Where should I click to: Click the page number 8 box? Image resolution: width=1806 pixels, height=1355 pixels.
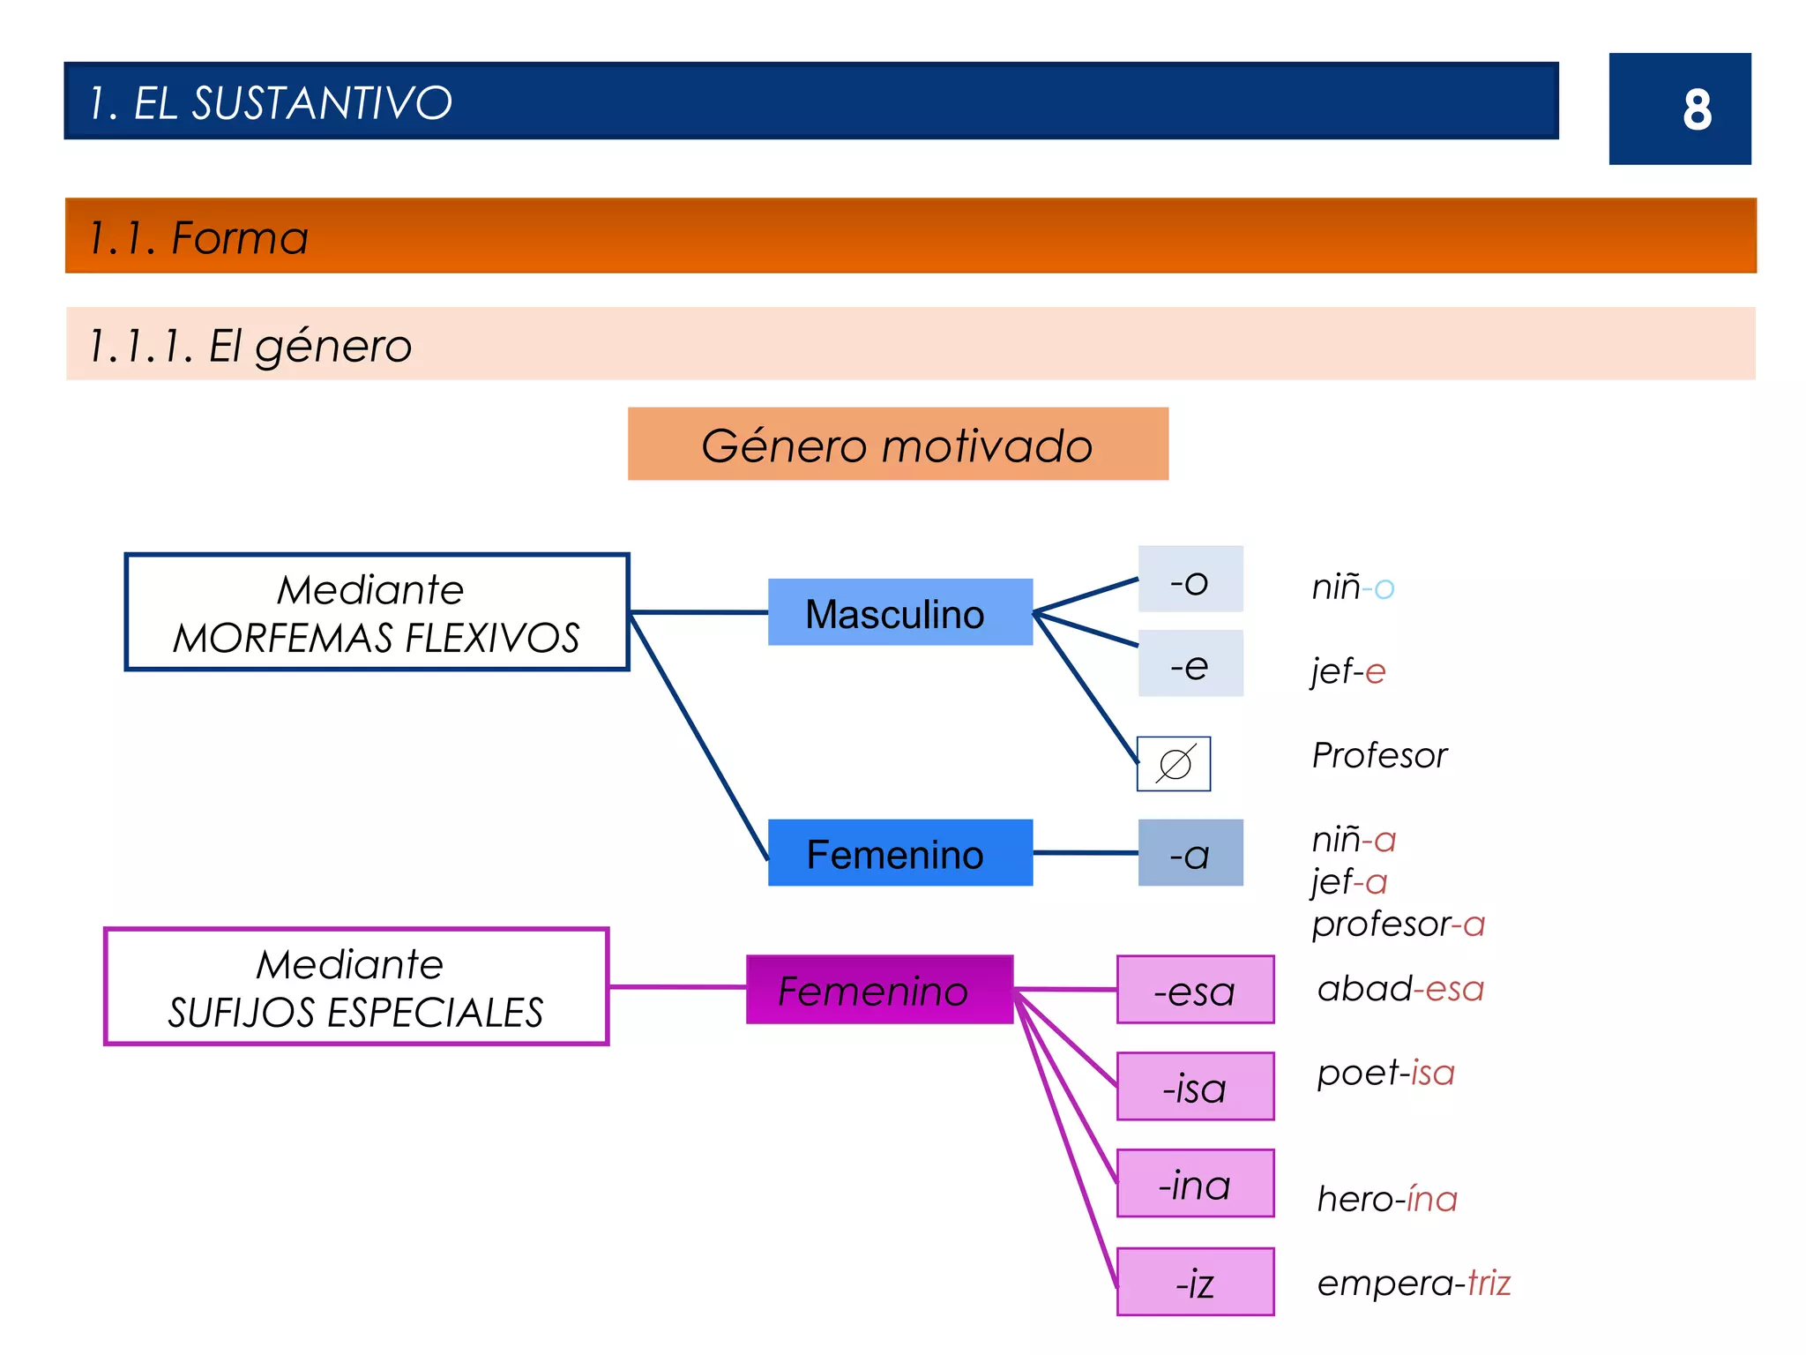tap(1679, 109)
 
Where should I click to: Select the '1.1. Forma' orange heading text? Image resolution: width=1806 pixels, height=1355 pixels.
tap(198, 237)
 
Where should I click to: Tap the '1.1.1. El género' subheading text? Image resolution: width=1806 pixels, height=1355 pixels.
tap(250, 345)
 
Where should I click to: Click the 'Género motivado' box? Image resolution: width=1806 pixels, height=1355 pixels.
tap(898, 445)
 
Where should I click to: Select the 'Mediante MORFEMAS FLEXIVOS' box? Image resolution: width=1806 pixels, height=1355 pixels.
tap(377, 612)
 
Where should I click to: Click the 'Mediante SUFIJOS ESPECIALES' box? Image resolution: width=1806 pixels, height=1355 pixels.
tap(356, 986)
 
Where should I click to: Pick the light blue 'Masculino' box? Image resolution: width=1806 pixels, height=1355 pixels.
tap(899, 612)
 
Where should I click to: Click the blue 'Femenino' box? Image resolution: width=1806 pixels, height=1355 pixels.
tap(899, 853)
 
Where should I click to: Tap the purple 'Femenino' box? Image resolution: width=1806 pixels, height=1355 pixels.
tap(879, 990)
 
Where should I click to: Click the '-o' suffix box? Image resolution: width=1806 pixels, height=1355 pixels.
tap(1190, 580)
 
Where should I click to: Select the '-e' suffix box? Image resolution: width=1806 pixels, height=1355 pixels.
tap(1190, 663)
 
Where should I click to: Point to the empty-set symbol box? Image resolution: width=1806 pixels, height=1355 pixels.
tap(1173, 764)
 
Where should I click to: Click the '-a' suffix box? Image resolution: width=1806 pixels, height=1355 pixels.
tap(1190, 853)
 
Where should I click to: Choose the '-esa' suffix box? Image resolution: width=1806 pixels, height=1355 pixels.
tap(1195, 990)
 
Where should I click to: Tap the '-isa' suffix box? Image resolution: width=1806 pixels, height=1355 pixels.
tap(1195, 1087)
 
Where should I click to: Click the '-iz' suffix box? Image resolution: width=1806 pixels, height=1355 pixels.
tap(1195, 1281)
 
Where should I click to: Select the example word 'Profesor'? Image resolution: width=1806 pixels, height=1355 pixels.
tap(1379, 755)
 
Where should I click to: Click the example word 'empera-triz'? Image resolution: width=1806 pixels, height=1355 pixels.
tap(1414, 1283)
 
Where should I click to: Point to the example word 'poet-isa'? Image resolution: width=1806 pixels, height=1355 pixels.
tap(1385, 1073)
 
